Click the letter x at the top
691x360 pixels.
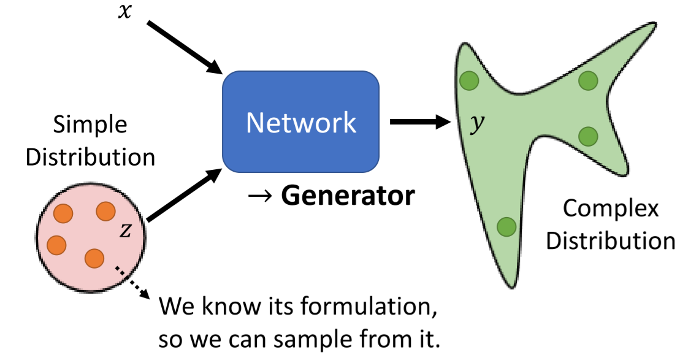point(124,12)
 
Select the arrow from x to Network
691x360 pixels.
point(183,47)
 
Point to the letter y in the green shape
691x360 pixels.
point(476,124)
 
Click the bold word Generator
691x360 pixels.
point(348,196)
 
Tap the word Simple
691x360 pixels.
point(90,124)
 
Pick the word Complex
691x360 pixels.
point(611,209)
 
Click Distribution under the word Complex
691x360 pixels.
point(611,240)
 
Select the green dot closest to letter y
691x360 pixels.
point(470,80)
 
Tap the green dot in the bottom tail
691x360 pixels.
point(506,227)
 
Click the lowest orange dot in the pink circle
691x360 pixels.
point(94,258)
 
